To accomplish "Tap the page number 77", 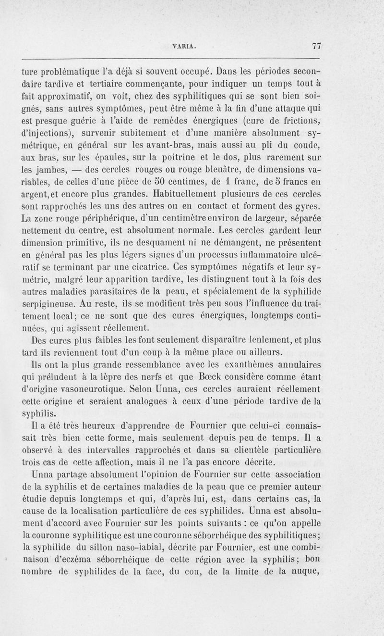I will point(316,46).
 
